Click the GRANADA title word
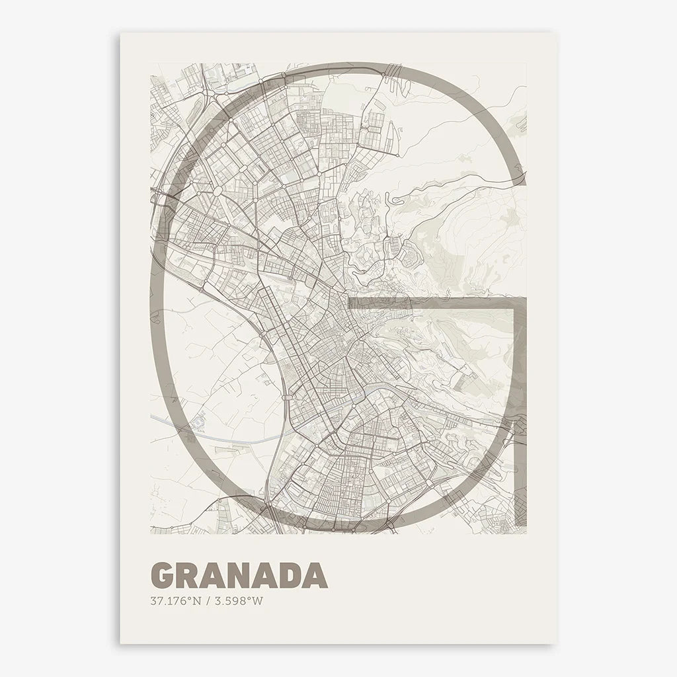click(x=239, y=576)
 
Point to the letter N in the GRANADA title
click(x=240, y=576)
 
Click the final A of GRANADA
click(x=315, y=576)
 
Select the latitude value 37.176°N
click(x=175, y=601)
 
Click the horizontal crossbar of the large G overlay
click(x=430, y=303)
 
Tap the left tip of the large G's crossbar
click(x=350, y=303)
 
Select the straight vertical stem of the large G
click(x=520, y=410)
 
